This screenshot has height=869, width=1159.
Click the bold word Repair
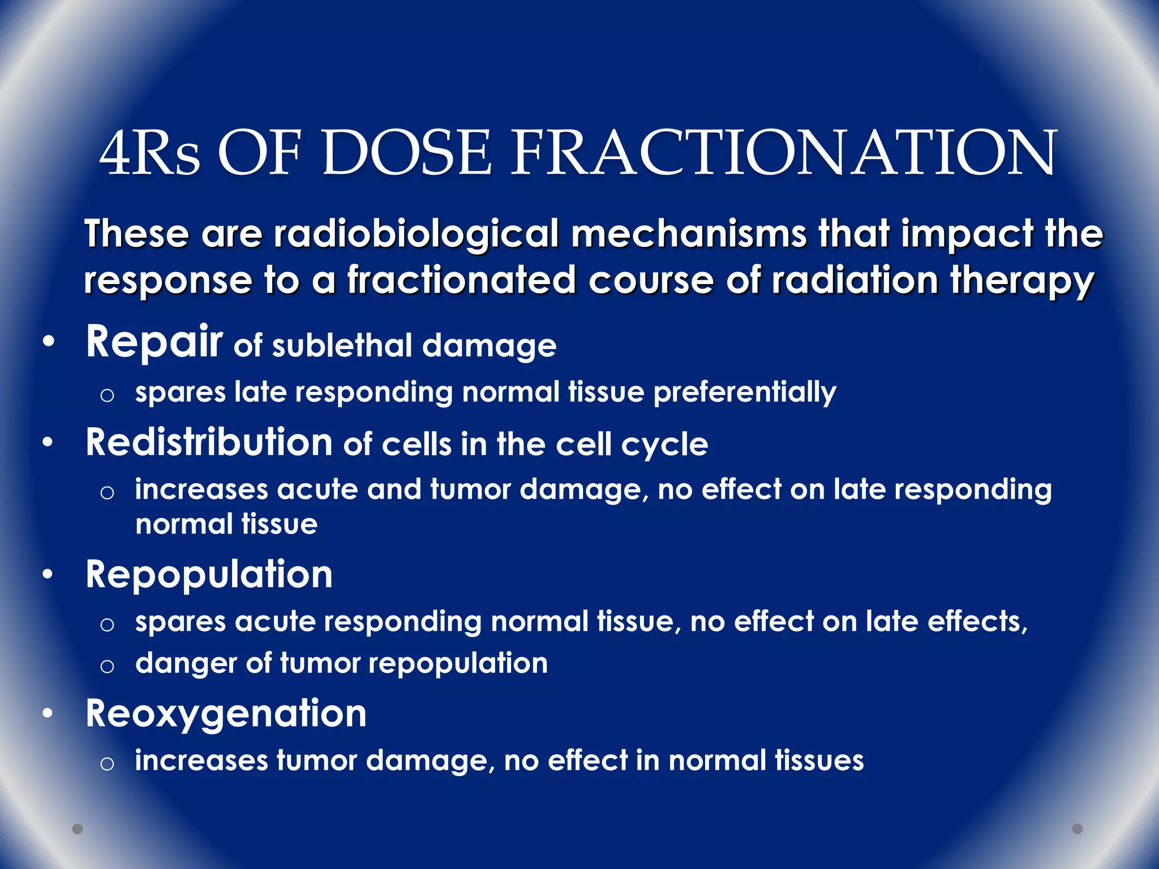click(x=154, y=343)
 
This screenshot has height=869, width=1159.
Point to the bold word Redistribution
click(x=209, y=442)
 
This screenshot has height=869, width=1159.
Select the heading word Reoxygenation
click(x=226, y=714)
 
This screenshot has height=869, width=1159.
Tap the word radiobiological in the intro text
click(x=417, y=234)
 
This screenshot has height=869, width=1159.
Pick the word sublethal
click(x=342, y=346)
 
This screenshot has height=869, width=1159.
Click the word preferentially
click(x=744, y=393)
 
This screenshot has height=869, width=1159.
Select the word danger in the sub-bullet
click(x=186, y=664)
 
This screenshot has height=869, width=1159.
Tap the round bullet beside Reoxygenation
click(x=49, y=714)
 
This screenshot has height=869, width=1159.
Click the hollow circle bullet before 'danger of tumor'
click(x=107, y=666)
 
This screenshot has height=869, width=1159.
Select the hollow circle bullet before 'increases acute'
click(x=107, y=492)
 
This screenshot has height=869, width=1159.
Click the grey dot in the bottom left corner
click(x=78, y=829)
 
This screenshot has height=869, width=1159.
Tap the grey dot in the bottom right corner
click(x=1078, y=829)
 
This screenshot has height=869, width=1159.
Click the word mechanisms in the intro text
click(x=689, y=234)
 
